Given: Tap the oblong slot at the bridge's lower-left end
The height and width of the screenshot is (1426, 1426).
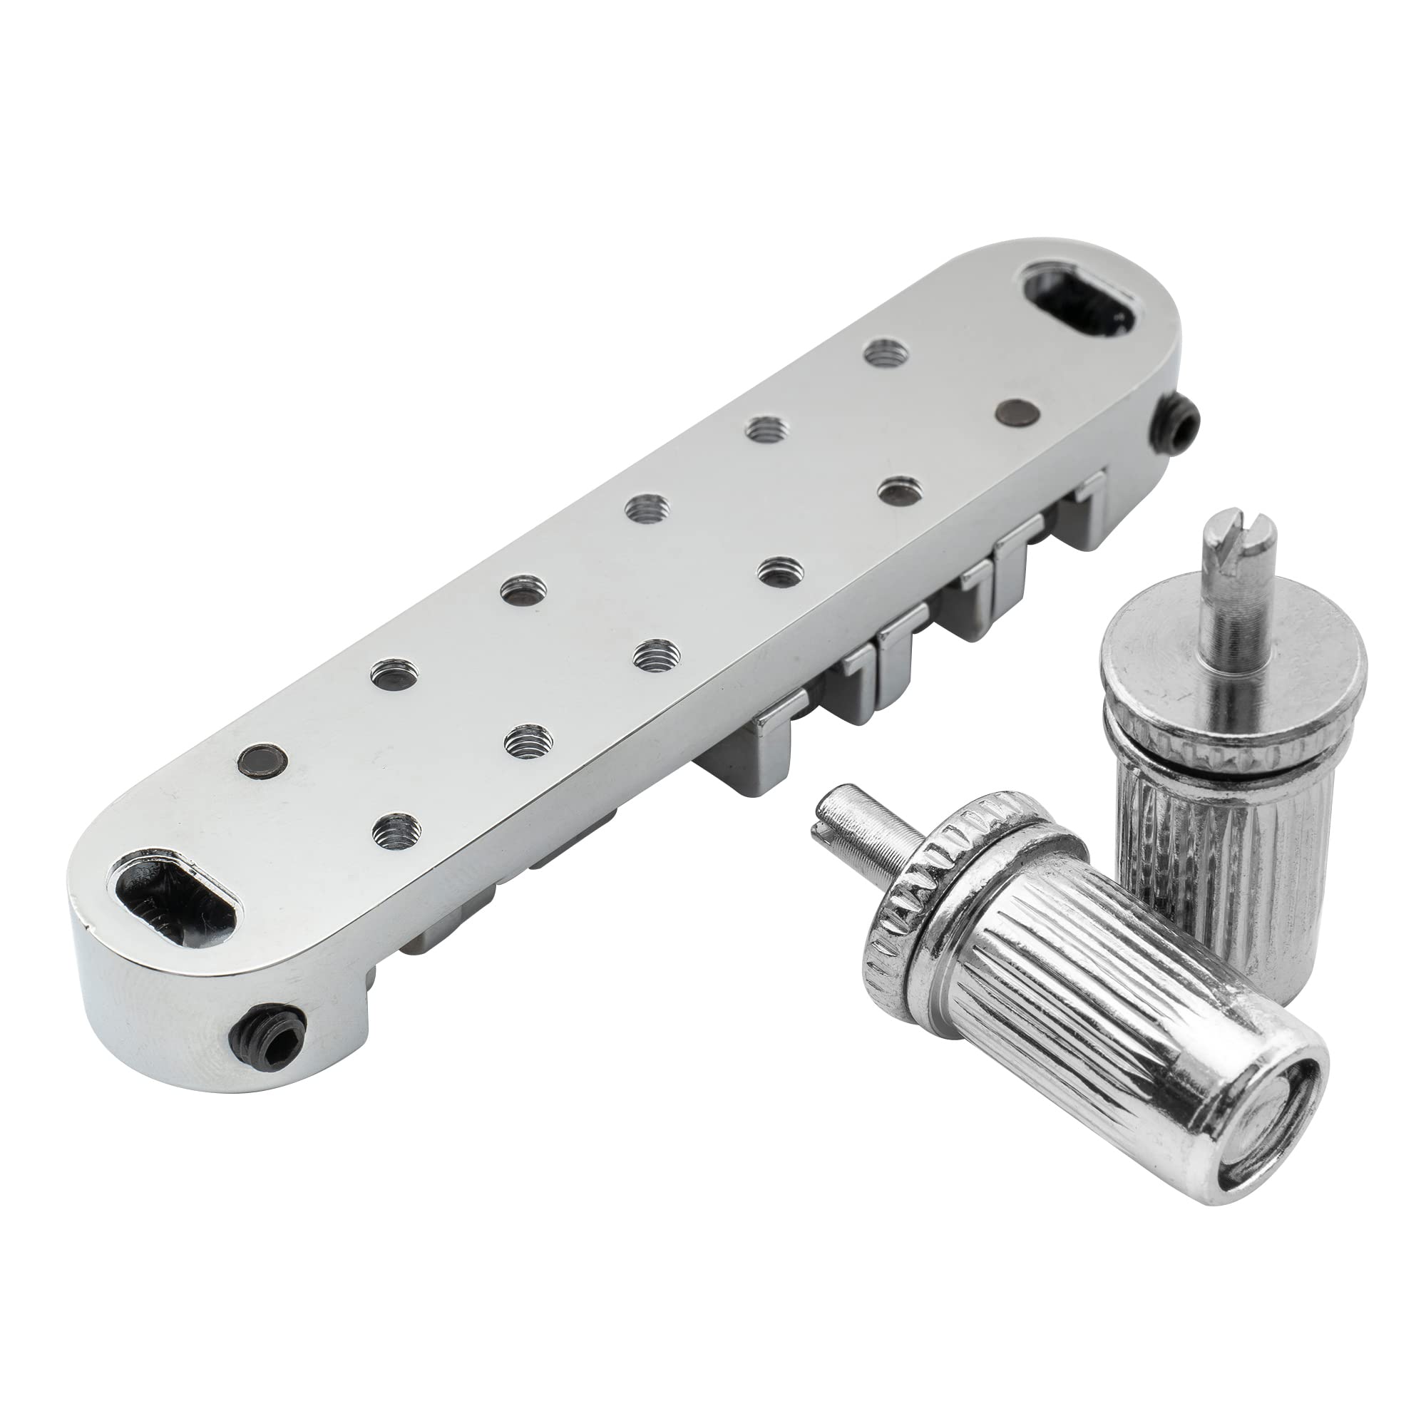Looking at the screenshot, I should (172, 895).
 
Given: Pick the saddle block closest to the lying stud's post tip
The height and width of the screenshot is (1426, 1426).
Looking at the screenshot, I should (746, 746).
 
